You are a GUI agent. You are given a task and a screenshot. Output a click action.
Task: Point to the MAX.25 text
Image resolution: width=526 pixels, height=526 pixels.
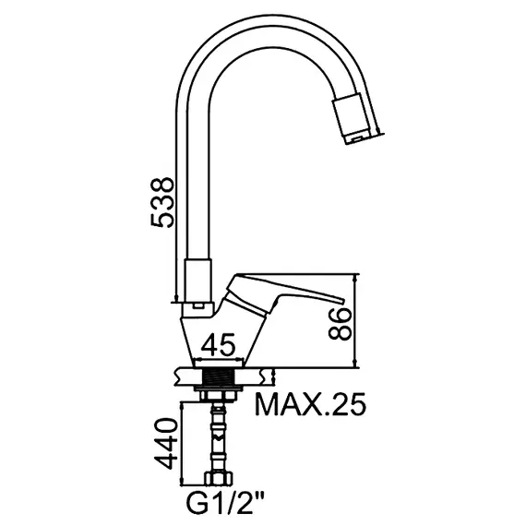[310, 403]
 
